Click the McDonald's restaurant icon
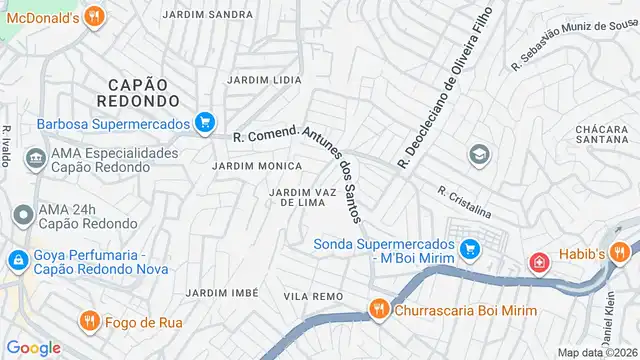click(x=93, y=16)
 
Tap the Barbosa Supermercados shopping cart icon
click(x=205, y=122)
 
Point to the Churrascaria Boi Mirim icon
click(x=379, y=310)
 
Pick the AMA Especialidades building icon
click(x=36, y=156)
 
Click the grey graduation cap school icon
click(x=480, y=155)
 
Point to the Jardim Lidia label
click(x=264, y=79)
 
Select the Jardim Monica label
click(x=257, y=165)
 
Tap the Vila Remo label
click(x=313, y=297)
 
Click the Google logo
click(x=33, y=347)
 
